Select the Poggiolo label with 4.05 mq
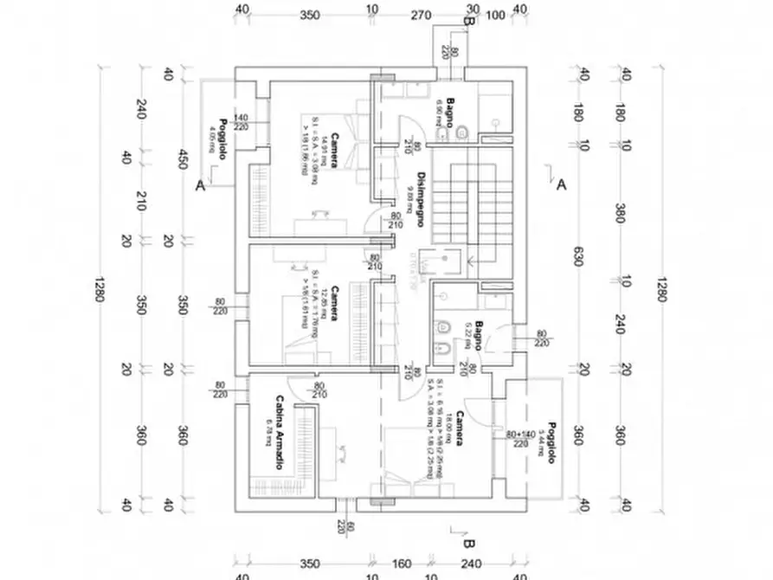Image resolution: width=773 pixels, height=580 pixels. coord(222,136)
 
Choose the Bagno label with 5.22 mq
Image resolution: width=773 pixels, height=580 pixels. coord(478,336)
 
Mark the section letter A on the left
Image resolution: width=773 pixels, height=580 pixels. coord(200,184)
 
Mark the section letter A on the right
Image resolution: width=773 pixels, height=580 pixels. coord(561,184)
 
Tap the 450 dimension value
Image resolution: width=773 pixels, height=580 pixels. coord(183,161)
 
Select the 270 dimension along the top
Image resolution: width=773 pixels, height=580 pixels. coord(421,15)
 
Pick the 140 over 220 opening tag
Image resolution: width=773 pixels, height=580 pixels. coord(240,122)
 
